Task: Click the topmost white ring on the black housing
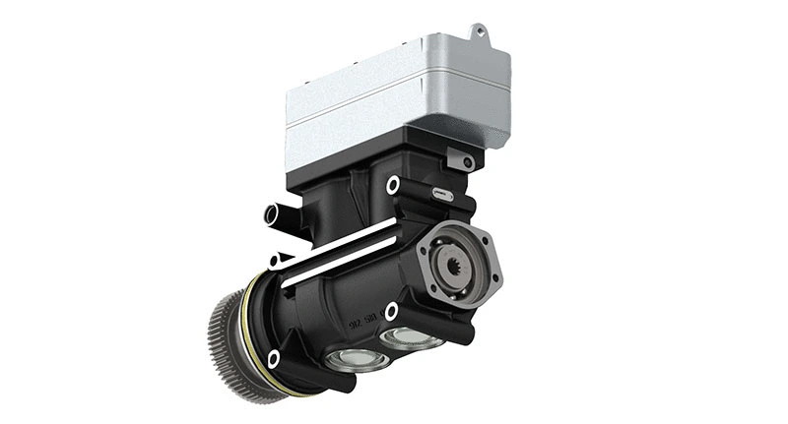pyautogui.click(x=393, y=184)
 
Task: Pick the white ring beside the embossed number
pyautogui.click(x=391, y=311)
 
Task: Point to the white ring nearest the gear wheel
pyautogui.click(x=273, y=359)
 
